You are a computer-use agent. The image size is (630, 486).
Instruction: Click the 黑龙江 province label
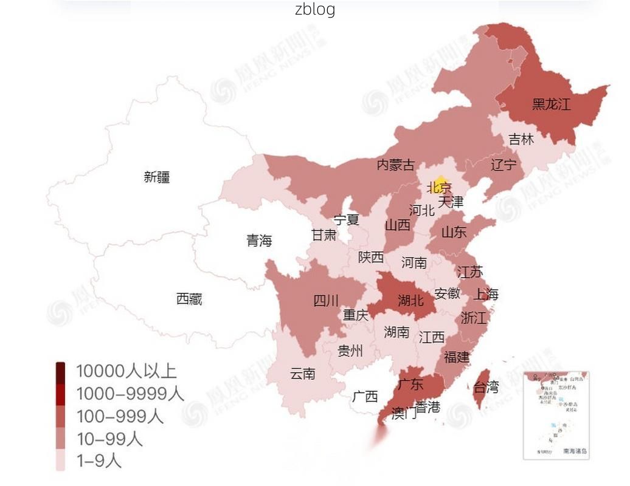552,104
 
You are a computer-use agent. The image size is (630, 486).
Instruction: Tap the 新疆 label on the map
157,177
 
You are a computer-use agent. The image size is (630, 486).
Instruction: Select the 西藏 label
189,299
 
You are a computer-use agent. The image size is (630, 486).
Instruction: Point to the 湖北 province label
410,300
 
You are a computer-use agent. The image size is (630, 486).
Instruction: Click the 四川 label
326,300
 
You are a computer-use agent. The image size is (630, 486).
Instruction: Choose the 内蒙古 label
396,165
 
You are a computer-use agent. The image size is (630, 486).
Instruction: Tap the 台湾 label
486,387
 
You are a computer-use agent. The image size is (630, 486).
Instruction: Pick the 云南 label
303,374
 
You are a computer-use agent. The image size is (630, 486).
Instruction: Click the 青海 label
259,241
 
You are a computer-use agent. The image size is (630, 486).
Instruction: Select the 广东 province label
410,384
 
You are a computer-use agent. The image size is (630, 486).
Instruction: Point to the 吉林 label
521,140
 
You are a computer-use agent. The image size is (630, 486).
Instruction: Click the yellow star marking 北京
441,182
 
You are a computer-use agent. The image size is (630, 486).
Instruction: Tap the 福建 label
457,357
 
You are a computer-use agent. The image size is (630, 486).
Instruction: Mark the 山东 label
454,231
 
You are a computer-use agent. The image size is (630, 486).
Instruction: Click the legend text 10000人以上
126,371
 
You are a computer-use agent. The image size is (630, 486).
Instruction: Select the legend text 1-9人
99,460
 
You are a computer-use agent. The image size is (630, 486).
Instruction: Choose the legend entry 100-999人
119,416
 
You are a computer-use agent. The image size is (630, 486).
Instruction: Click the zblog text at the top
315,9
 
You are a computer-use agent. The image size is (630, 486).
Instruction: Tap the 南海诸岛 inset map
556,415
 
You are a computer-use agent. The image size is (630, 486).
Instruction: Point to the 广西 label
365,397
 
